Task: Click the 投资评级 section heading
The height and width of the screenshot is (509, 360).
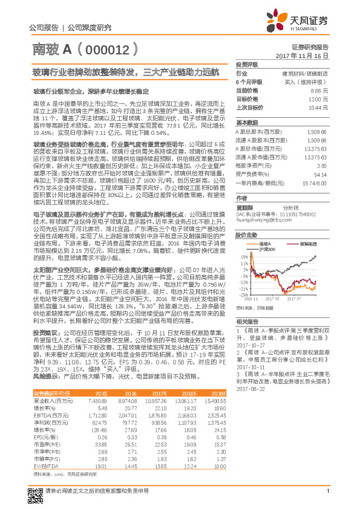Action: click(x=247, y=64)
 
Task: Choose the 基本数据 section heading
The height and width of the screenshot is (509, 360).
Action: click(x=247, y=121)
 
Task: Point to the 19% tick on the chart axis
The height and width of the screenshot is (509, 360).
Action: click(x=243, y=256)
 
